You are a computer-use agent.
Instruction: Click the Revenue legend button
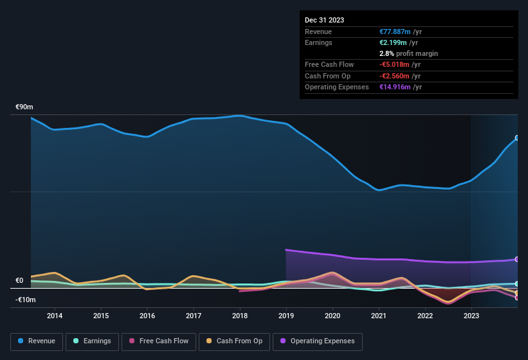point(37,341)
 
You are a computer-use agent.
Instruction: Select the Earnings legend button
point(92,341)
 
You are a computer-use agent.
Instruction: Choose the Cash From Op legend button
point(233,341)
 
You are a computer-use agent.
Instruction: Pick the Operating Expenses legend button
point(317,341)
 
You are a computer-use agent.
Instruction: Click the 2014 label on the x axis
point(55,316)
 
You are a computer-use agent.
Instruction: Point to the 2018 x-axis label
point(240,316)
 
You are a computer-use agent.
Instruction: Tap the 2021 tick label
point(379,316)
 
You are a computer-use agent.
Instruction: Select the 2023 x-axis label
point(471,316)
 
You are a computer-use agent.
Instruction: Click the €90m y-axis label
point(25,107)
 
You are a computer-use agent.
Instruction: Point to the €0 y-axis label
point(19,281)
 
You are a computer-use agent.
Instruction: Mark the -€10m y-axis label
point(25,300)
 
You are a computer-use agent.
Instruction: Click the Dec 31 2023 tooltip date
point(325,20)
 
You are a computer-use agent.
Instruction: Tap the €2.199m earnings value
point(394,42)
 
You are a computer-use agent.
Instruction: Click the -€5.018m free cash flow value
point(395,65)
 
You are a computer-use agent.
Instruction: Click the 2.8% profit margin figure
point(387,53)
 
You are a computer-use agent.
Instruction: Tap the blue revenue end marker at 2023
point(516,138)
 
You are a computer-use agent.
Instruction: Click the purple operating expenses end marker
point(516,259)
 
